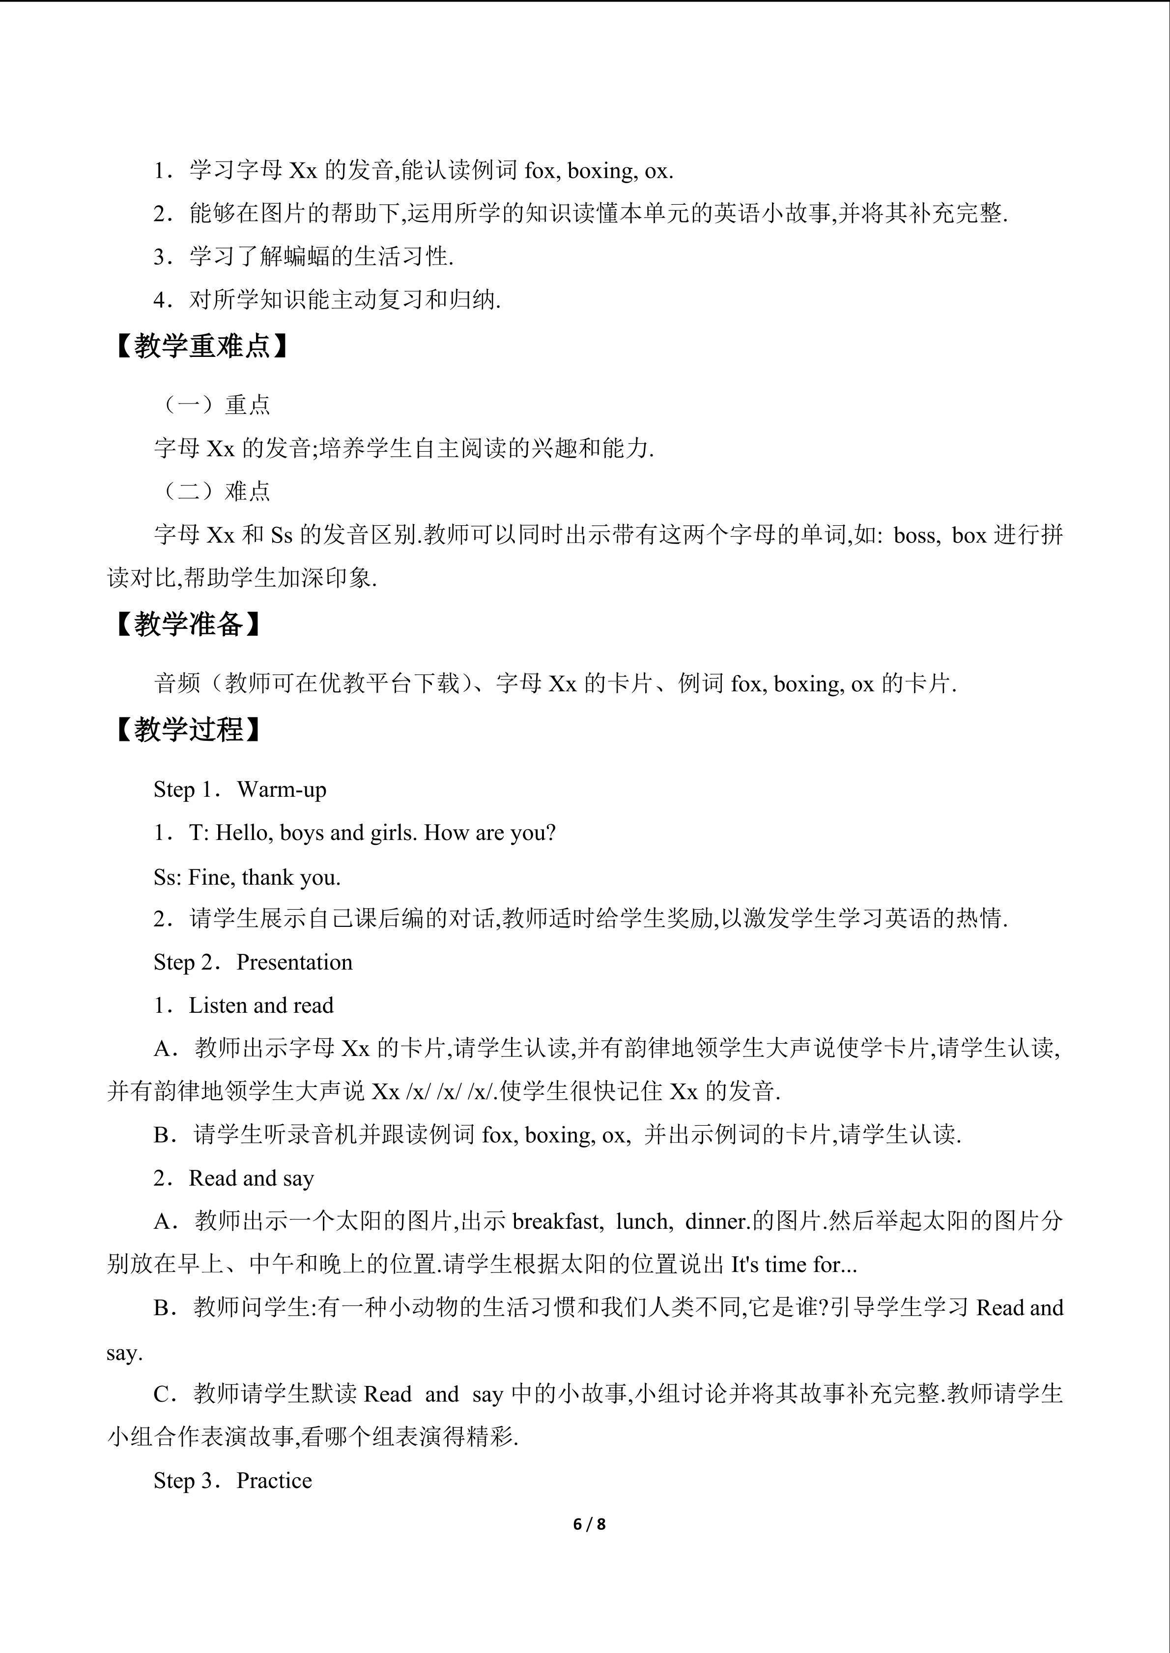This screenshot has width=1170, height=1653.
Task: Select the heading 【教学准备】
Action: click(187, 624)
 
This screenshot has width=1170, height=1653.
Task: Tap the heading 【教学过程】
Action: click(187, 730)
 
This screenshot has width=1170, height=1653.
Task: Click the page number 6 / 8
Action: click(589, 1524)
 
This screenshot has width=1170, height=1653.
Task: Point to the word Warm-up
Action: click(281, 790)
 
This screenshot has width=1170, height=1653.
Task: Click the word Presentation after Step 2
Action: click(294, 963)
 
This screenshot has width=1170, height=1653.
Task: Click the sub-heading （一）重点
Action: click(213, 406)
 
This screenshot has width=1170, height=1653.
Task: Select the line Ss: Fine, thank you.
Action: click(247, 877)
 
